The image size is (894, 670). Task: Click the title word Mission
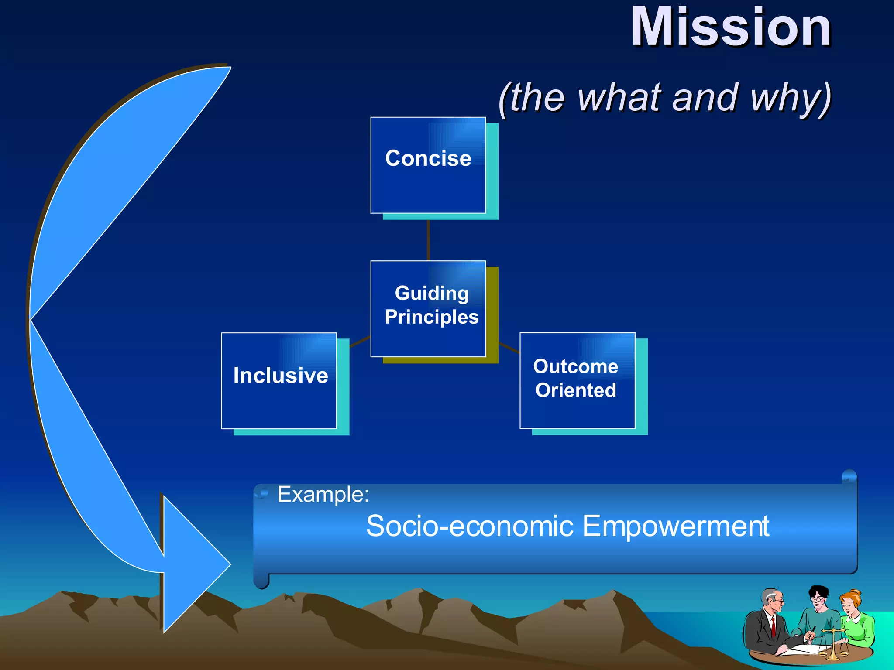[731, 27]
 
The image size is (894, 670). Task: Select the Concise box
[428, 165]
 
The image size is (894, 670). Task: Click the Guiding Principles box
[428, 309]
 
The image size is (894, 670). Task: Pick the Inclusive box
[279, 380]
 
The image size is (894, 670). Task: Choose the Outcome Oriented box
[577, 380]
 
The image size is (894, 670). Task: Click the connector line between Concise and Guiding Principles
[428, 240]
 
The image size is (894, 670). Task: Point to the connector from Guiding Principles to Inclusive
[360, 342]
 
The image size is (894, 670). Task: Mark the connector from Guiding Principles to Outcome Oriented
[509, 348]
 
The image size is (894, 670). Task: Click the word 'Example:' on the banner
[323, 494]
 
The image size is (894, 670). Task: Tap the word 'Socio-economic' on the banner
[470, 526]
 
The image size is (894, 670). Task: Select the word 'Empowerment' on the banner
[676, 526]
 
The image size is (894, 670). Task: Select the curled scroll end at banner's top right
[849, 476]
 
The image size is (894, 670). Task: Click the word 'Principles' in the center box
[432, 317]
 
